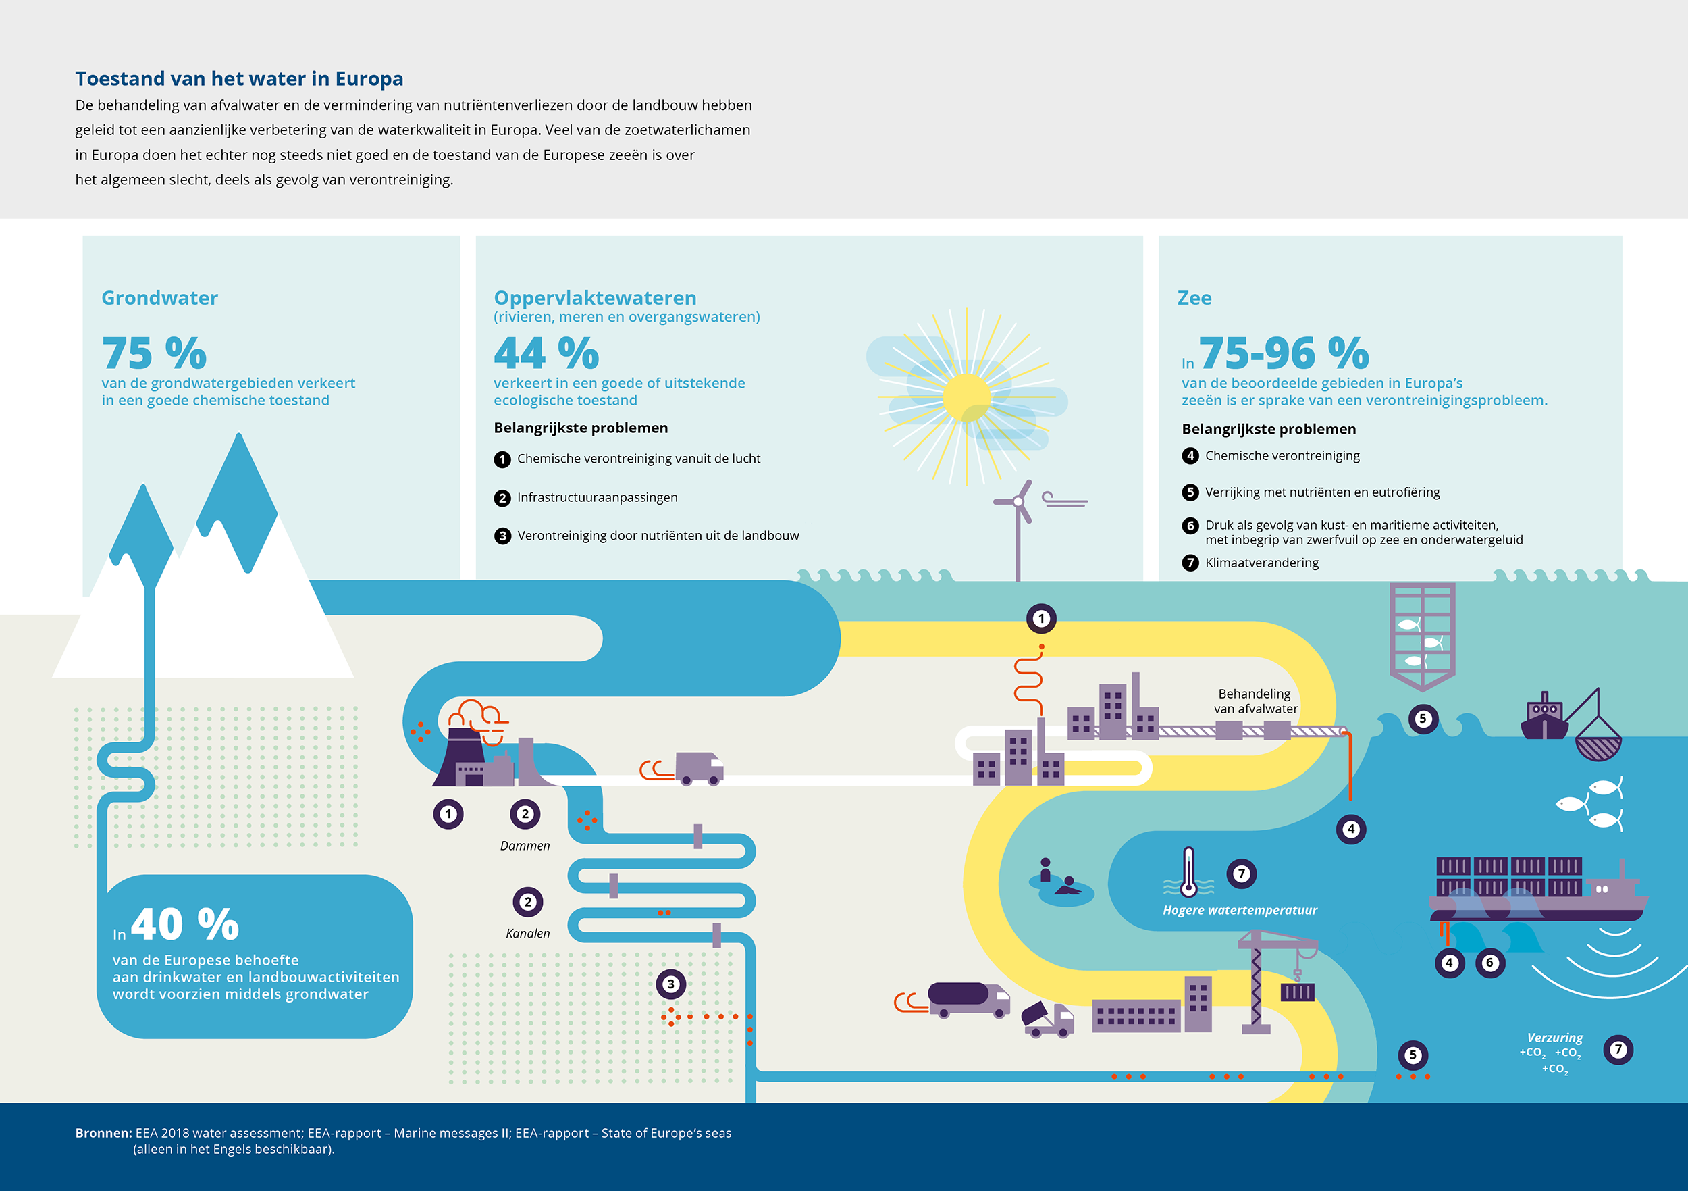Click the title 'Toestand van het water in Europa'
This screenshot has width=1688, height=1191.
[239, 79]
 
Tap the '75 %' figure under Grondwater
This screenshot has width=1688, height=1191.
[155, 353]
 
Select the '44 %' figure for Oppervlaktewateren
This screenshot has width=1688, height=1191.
[546, 353]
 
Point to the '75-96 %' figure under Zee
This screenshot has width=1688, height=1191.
[1284, 353]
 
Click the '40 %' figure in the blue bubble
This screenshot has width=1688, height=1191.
[185, 924]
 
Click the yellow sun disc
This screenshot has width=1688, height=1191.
[966, 397]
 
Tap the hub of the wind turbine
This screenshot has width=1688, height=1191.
[1018, 502]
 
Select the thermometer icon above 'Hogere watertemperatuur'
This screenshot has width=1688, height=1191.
[1188, 872]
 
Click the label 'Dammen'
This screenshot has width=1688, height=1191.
[525, 846]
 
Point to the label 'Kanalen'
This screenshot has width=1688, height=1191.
[528, 934]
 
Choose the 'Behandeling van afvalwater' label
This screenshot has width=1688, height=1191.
[1256, 701]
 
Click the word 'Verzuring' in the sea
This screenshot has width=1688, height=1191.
[1555, 1038]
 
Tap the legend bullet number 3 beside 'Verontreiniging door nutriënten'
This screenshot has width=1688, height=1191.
[502, 536]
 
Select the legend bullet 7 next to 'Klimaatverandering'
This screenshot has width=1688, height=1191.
[1190, 563]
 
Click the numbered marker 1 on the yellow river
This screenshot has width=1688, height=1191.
[1041, 619]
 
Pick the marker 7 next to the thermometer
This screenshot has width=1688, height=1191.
[1242, 874]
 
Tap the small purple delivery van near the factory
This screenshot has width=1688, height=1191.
[699, 768]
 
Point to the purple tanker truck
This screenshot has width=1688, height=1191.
[969, 1000]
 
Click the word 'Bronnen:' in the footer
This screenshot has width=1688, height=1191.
[104, 1133]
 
